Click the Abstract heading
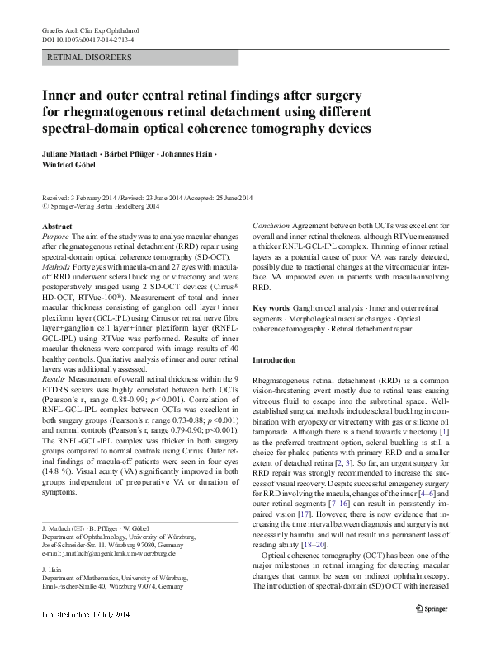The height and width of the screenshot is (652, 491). [x=56, y=225]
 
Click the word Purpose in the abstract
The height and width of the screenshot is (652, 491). [x=55, y=236]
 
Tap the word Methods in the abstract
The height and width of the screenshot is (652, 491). [x=56, y=268]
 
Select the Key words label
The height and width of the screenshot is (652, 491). [x=271, y=307]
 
